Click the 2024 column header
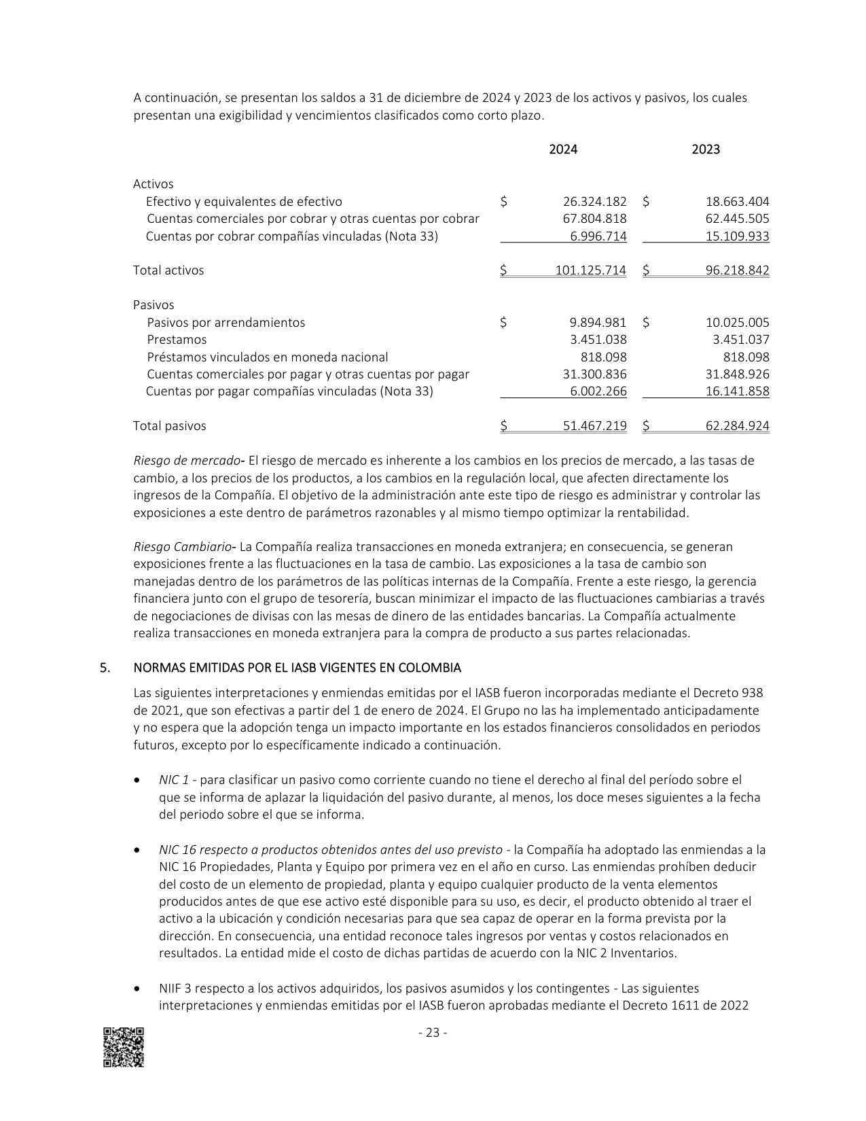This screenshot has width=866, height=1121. pos(563,149)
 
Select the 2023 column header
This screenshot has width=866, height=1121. pos(706,149)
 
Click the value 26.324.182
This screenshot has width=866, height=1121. pos(595,202)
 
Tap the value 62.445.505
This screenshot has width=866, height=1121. pos(738,219)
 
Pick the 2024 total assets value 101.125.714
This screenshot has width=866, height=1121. pos(591,270)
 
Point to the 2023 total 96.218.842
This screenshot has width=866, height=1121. pos(738,270)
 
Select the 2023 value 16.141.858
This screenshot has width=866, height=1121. pos(738,391)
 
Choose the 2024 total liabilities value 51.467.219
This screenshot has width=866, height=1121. pos(595,426)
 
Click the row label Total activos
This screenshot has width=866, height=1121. pos(168,270)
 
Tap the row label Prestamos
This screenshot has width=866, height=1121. pos(177,340)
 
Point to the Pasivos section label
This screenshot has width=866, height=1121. pos(154,305)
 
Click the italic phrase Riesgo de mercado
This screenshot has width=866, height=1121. pos(187,461)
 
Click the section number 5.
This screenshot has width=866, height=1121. pos(105,668)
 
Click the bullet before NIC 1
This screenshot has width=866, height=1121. pos(139,780)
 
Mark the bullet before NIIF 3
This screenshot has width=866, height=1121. pos(139,989)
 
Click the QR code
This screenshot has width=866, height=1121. pos(124,1047)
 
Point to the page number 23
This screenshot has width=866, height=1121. pos(433,1033)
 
